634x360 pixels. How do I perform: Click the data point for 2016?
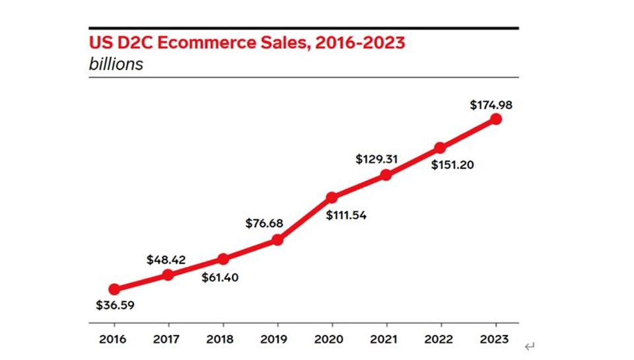coord(114,289)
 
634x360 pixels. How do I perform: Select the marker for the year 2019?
coord(277,240)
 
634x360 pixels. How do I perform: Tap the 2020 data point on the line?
coord(332,197)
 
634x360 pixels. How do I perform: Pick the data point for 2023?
coord(496,119)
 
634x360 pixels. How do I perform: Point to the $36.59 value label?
coord(114,306)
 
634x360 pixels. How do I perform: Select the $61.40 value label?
coord(220,277)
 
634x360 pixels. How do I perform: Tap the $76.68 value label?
coord(264,223)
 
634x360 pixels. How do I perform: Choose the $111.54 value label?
coord(346,214)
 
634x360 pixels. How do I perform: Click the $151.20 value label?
coord(452,164)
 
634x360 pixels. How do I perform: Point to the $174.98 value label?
coord(491,104)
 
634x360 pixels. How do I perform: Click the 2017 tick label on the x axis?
coord(168,340)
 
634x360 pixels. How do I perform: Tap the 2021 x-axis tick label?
coord(386,340)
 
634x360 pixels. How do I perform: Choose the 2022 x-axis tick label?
coord(440,340)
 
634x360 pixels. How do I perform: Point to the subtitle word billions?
coord(116,65)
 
